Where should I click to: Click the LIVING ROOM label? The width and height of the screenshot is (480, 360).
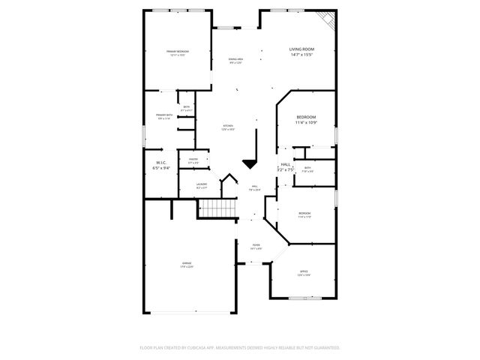(301, 49)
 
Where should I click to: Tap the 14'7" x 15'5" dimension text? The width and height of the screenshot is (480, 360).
(301, 55)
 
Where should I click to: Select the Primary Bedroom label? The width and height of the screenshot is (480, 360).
(176, 51)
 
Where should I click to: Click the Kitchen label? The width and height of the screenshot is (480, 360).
(228, 125)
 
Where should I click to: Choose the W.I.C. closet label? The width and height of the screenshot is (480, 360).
(160, 162)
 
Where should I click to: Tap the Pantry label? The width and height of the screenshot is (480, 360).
(193, 159)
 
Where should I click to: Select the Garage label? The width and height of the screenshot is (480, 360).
(187, 262)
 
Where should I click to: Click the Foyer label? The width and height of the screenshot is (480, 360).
(256, 245)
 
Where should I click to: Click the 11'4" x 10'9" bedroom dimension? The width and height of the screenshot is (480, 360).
(306, 123)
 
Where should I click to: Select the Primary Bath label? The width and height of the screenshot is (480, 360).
(164, 115)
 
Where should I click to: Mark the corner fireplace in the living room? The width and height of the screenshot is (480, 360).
(327, 18)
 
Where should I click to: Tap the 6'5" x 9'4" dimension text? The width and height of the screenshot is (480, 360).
(161, 169)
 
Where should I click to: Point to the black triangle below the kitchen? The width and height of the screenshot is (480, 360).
(249, 165)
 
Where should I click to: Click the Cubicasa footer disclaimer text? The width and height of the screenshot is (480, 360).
(240, 347)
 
